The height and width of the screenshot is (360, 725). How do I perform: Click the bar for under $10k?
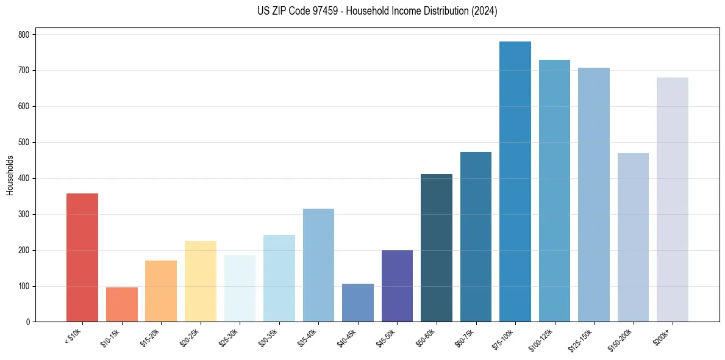[x=82, y=257]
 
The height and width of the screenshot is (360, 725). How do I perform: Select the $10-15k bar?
[x=122, y=304]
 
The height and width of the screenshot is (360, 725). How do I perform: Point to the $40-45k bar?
[x=358, y=303]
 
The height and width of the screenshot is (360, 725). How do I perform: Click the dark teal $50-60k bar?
[x=437, y=248]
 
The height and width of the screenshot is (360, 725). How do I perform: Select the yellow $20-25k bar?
[x=201, y=281]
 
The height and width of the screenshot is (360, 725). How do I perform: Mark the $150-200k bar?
[x=633, y=237]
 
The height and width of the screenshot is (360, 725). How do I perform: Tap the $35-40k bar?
[x=318, y=265]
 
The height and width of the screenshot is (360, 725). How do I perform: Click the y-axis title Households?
[x=10, y=175]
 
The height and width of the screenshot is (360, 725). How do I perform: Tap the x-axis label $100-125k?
[x=545, y=339]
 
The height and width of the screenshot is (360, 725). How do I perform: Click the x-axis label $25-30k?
[x=229, y=337]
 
